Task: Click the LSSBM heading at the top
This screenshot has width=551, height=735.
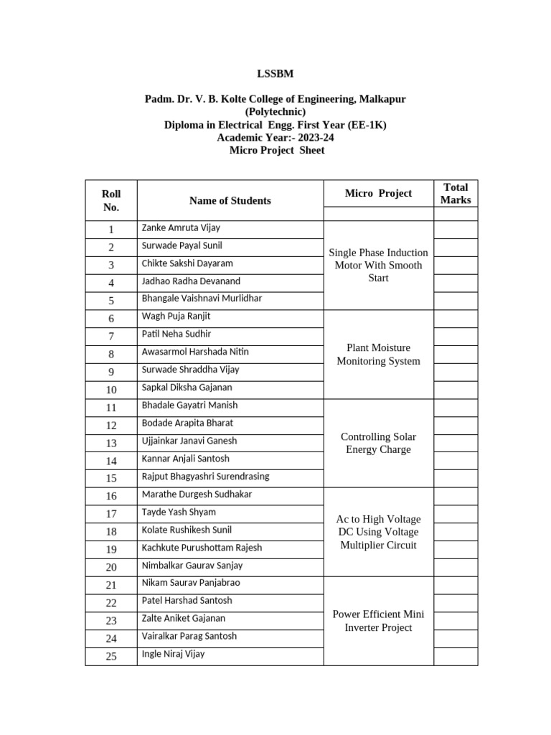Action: [275, 73]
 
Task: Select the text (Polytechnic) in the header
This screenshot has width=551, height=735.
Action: [275, 112]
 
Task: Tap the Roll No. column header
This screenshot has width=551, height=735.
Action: [111, 200]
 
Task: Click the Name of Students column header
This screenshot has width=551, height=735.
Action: [230, 200]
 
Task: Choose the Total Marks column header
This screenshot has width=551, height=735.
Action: [456, 193]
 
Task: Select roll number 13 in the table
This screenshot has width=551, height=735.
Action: [111, 443]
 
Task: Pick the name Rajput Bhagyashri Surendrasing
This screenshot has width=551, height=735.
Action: [205, 477]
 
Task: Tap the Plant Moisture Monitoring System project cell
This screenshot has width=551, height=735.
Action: [378, 355]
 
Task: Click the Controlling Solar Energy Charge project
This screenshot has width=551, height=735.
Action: [378, 443]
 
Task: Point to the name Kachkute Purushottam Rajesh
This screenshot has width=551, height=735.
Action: [202, 548]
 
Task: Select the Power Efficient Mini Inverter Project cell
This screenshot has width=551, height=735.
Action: [378, 621]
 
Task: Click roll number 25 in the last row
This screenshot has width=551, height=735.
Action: [111, 656]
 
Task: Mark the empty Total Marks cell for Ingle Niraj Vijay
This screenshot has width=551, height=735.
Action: [456, 656]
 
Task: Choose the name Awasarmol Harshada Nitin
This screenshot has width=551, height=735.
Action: [195, 352]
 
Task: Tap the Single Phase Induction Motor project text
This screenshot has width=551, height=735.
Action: [378, 265]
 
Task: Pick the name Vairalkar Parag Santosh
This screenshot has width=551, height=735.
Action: [189, 636]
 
